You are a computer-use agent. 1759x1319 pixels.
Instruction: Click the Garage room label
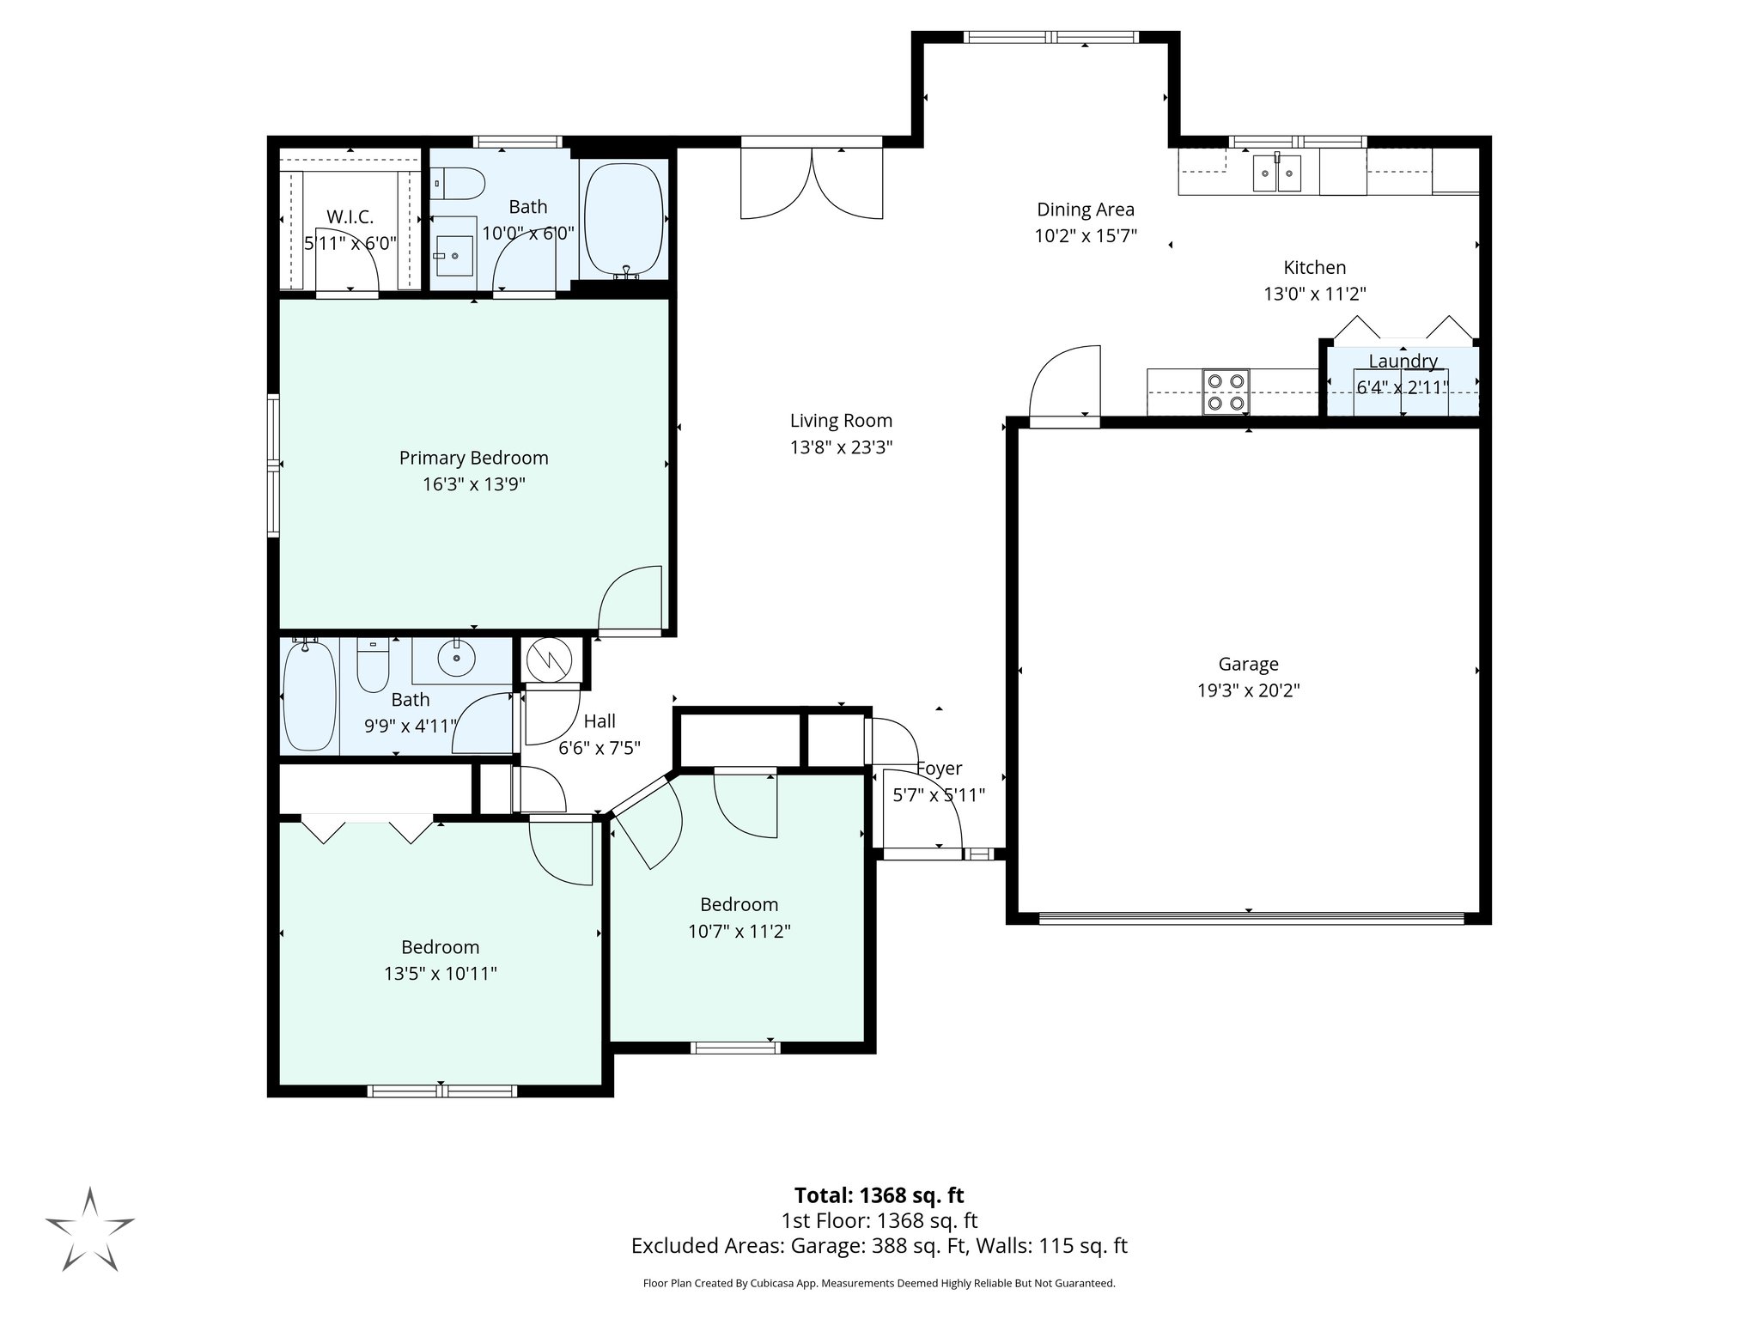coord(1248,664)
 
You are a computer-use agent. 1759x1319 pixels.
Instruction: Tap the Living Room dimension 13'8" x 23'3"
coord(841,447)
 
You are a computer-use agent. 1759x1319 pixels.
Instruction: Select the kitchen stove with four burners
coord(1225,392)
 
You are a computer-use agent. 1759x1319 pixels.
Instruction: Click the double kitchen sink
coord(1277,173)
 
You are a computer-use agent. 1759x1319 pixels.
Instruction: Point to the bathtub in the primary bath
coord(624,219)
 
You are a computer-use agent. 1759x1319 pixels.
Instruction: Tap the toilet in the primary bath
coord(460,183)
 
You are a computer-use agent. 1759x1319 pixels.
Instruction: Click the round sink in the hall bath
coord(456,659)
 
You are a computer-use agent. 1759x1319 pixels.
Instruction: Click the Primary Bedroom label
coord(473,458)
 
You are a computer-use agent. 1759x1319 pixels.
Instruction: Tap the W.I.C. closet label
coord(350,217)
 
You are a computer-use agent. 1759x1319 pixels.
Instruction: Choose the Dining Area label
coord(1085,210)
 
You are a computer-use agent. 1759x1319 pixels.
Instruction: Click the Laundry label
coord(1403,362)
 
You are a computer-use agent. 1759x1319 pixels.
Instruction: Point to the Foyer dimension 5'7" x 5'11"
coord(939,795)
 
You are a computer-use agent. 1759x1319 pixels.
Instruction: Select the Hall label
coord(600,721)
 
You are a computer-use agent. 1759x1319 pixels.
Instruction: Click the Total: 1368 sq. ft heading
coord(879,1195)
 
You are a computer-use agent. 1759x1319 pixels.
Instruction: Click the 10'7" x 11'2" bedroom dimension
coord(739,931)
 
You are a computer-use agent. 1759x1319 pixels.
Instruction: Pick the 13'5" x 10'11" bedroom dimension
coord(440,974)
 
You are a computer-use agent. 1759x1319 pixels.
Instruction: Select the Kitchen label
coord(1314,267)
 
